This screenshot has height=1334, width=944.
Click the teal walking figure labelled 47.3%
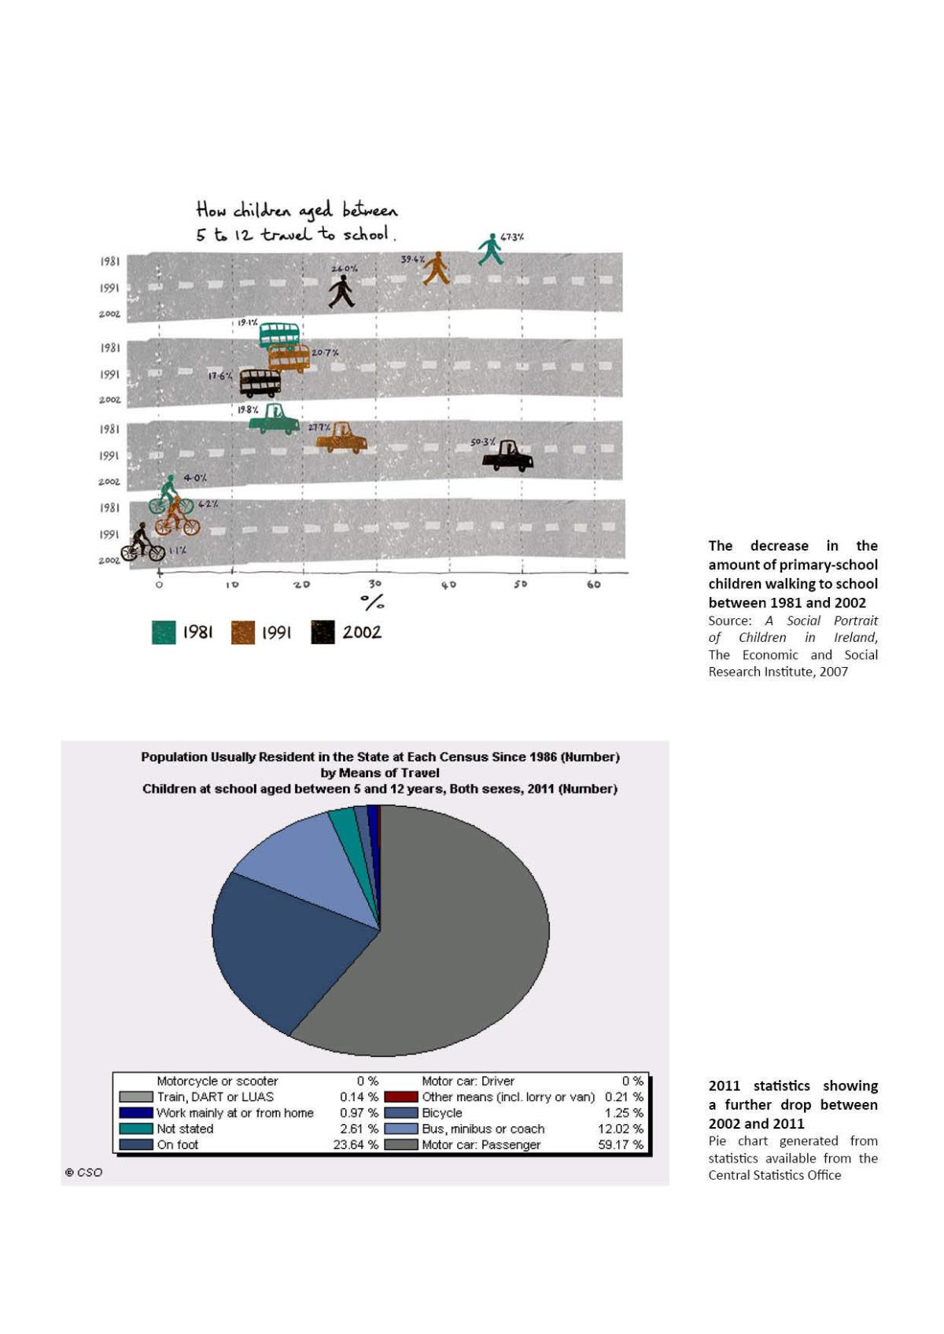click(x=490, y=250)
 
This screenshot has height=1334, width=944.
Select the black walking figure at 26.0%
click(x=341, y=292)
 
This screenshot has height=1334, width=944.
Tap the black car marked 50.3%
click(x=507, y=456)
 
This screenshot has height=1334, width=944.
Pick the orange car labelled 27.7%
click(x=342, y=437)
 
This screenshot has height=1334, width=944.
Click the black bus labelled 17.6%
click(x=260, y=383)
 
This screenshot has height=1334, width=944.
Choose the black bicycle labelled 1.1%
click(x=142, y=544)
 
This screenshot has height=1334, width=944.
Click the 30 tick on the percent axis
click(x=374, y=584)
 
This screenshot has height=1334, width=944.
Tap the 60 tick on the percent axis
click(x=594, y=584)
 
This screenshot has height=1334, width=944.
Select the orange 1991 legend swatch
click(x=243, y=632)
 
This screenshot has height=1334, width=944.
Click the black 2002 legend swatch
click(x=323, y=632)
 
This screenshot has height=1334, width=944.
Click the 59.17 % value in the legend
click(x=620, y=1144)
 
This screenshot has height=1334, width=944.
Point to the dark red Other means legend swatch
click(x=400, y=1096)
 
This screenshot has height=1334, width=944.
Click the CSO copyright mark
click(x=83, y=1172)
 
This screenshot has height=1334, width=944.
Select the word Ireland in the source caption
click(x=855, y=637)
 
